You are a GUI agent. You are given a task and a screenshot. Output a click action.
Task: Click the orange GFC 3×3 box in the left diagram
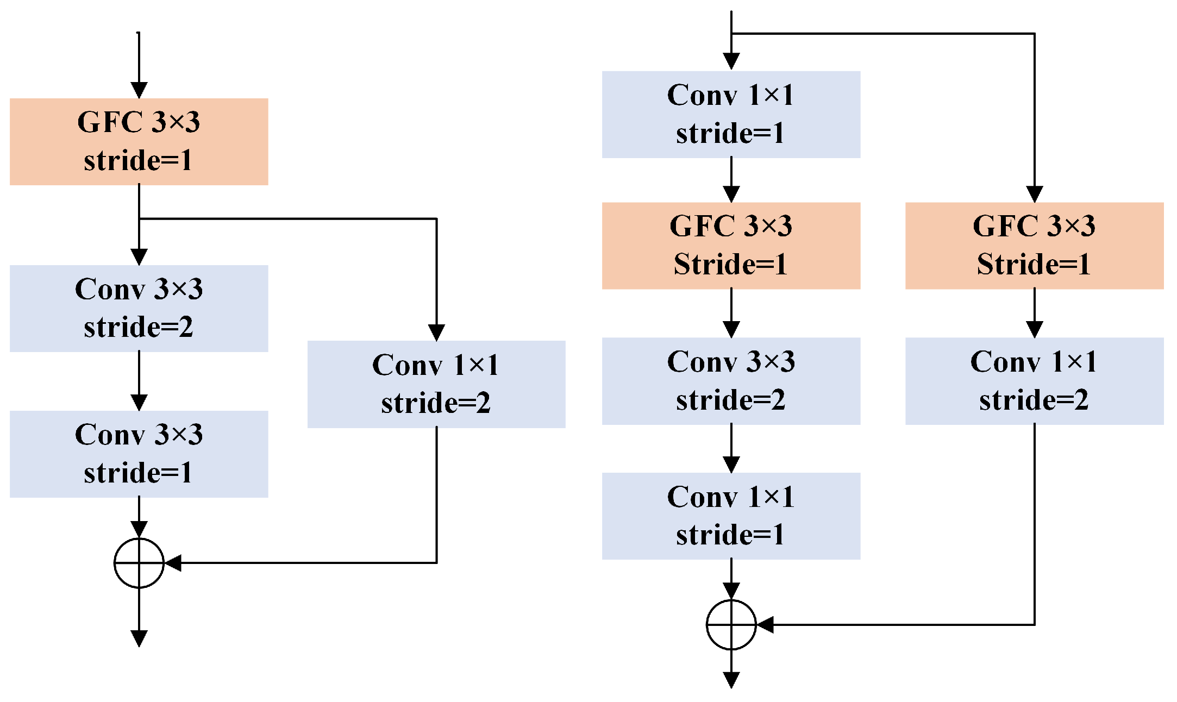(139, 142)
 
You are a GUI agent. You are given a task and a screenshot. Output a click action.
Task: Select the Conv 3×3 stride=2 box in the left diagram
(139, 309)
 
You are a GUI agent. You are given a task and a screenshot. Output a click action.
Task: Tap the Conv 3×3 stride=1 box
(139, 454)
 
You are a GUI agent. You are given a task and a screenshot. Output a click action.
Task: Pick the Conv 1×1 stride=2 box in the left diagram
(436, 384)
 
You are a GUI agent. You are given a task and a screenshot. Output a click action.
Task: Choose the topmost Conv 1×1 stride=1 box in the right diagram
(731, 115)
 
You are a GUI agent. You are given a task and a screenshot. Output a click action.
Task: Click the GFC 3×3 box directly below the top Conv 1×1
(731, 246)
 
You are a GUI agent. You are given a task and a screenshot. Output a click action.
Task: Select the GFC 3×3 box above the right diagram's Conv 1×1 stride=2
(1035, 246)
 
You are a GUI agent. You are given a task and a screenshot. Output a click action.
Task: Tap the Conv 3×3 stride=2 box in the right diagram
(731, 381)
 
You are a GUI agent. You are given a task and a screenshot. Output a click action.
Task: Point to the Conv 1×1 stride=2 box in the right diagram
(1035, 381)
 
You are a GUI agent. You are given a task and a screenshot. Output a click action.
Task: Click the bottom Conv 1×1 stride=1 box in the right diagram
(731, 516)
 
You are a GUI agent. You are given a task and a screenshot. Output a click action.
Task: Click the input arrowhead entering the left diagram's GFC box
(139, 90)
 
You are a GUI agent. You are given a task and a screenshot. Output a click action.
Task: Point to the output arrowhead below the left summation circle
(139, 638)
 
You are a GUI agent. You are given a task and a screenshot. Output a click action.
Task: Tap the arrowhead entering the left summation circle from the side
(173, 563)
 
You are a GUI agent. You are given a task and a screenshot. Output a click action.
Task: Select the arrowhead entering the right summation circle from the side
(765, 625)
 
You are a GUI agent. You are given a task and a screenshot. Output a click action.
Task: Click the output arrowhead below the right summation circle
(731, 680)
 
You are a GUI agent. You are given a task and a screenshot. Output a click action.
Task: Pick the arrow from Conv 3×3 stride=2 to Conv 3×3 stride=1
(139, 381)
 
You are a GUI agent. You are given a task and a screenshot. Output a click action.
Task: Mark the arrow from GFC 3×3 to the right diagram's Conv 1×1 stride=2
(1035, 314)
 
